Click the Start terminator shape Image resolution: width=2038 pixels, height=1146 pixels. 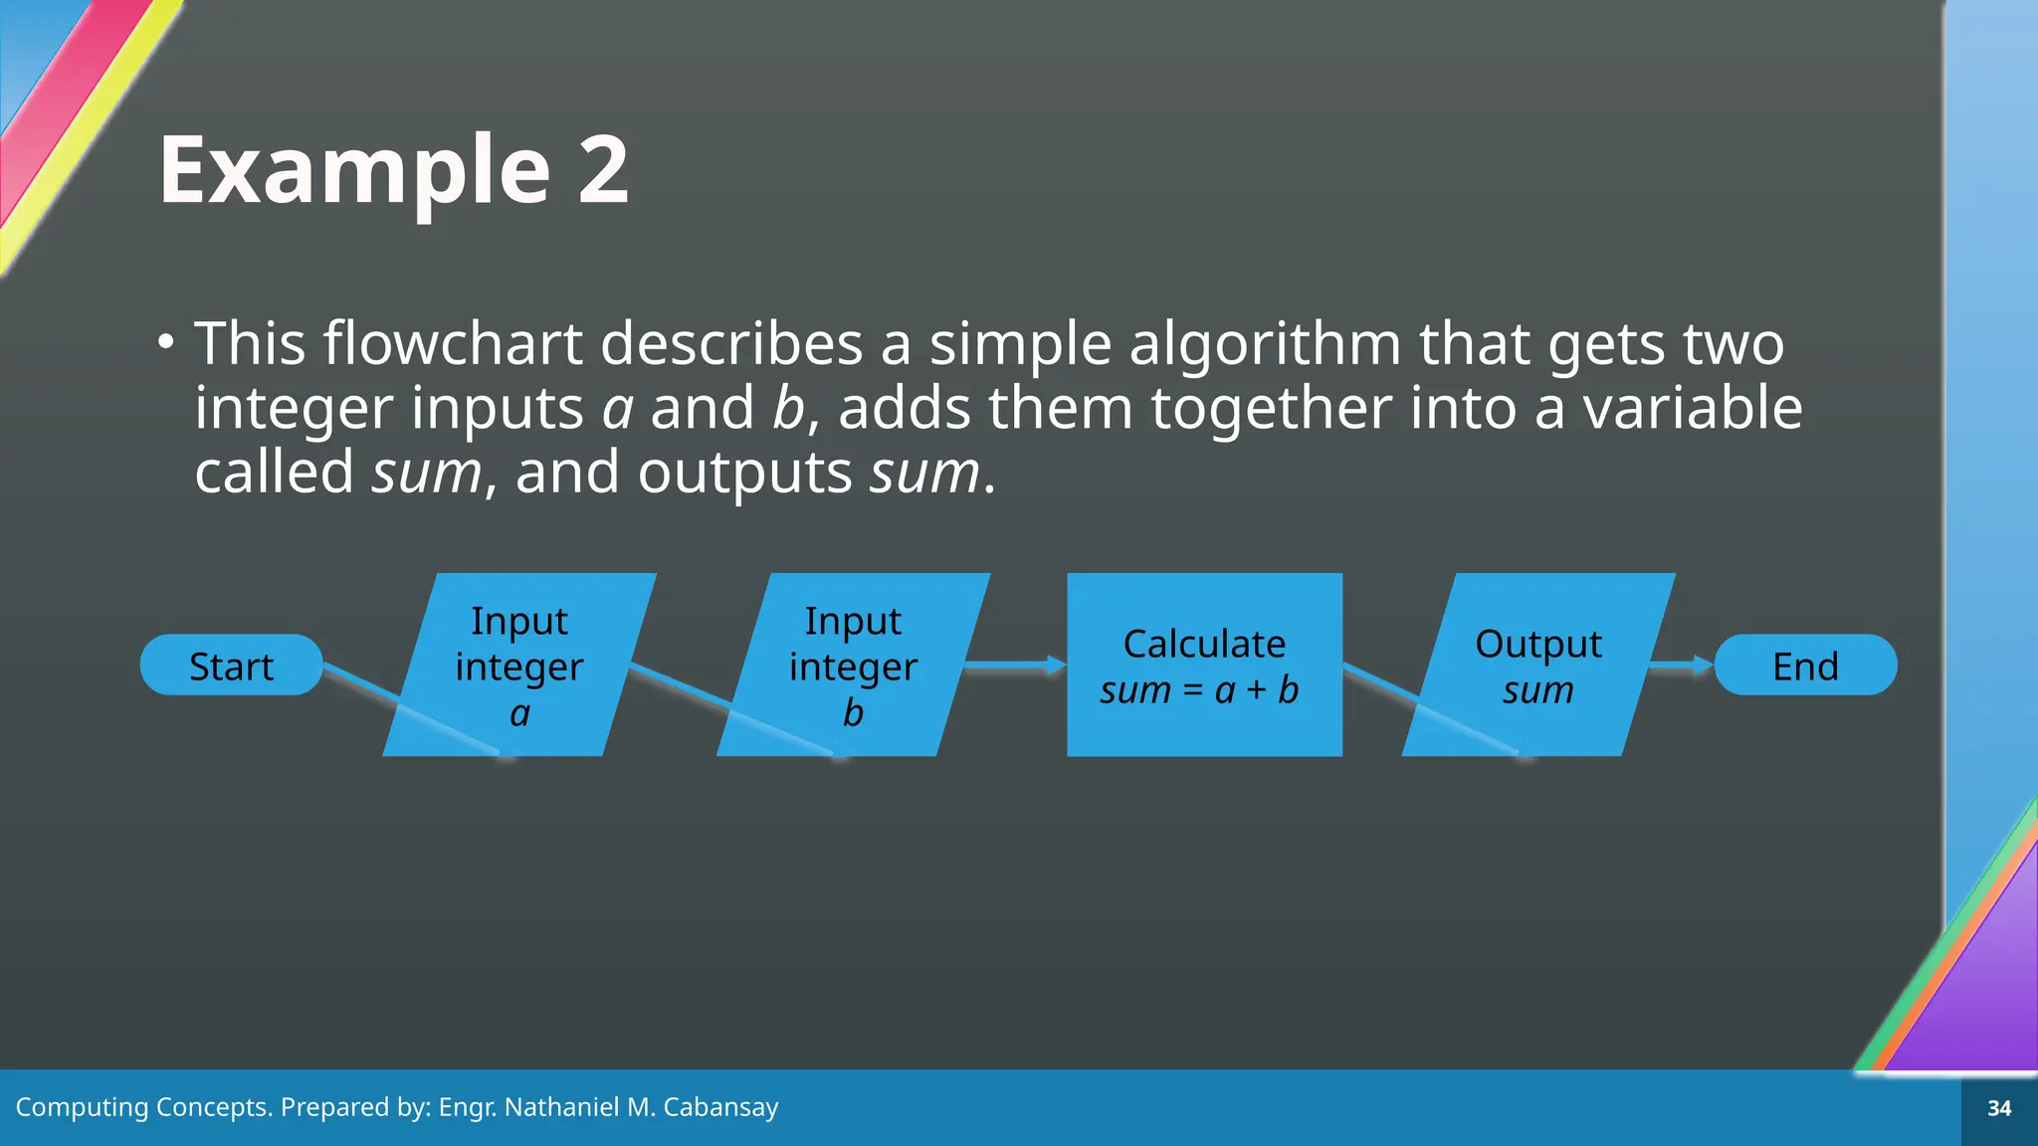[231, 665]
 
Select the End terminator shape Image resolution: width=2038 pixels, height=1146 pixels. [1805, 665]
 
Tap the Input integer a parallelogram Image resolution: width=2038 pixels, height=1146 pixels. [519, 665]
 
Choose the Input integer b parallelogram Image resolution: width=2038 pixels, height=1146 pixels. [853, 665]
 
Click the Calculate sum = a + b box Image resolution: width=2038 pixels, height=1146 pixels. [1204, 665]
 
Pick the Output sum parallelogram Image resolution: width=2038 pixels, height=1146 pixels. [1538, 665]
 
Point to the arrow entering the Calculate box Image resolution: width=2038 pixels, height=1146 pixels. [1015, 664]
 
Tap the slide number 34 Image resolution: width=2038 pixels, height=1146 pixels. [1999, 1108]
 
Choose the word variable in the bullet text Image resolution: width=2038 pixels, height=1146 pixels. [1692, 408]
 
